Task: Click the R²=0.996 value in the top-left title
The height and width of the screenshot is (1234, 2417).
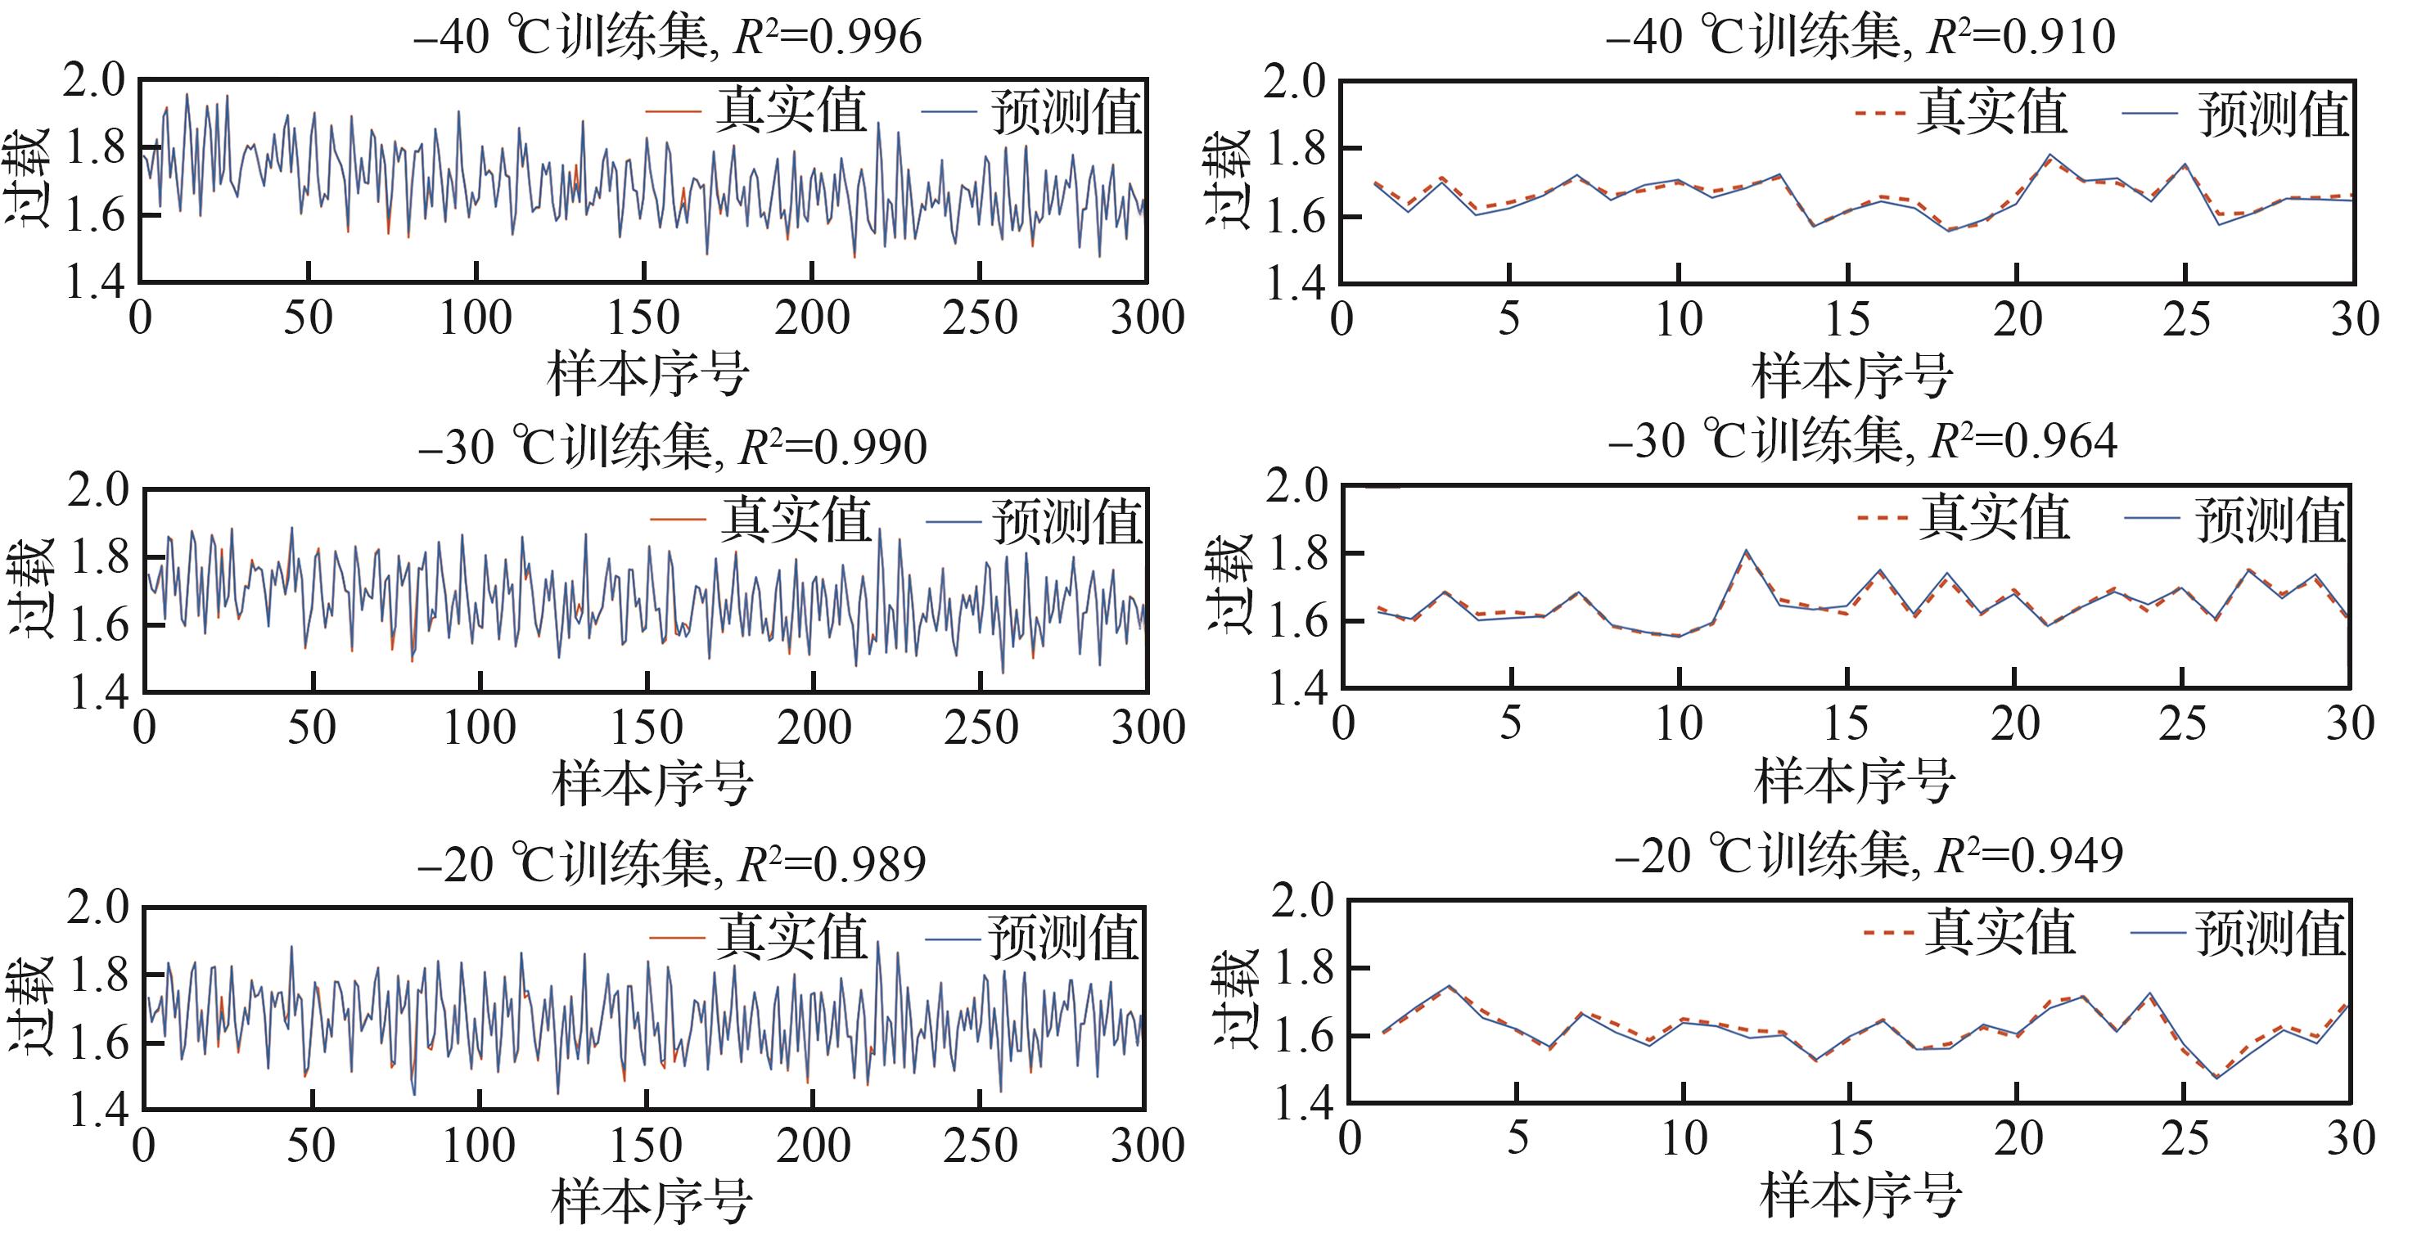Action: tap(827, 38)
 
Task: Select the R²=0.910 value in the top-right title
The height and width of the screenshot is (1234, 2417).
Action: tap(2020, 38)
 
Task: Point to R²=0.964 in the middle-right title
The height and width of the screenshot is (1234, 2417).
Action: tap(2022, 441)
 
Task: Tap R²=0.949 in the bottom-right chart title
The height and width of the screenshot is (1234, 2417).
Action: tap(2027, 856)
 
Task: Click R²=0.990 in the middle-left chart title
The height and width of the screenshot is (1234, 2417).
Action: tap(832, 447)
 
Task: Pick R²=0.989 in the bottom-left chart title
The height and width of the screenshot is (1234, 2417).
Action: tap(832, 863)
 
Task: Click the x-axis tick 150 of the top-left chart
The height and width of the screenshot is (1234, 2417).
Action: tap(643, 318)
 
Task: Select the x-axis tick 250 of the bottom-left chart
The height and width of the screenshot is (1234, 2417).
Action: tap(981, 1146)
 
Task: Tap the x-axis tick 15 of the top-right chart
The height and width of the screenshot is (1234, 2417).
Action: tap(1847, 319)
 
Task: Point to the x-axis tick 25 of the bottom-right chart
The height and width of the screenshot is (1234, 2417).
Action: tap(2185, 1138)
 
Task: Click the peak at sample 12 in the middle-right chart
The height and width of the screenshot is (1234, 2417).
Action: tap(1745, 551)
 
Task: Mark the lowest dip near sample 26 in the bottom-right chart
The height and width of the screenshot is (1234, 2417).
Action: tap(2217, 1077)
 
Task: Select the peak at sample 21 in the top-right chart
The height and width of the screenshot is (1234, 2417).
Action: tap(2050, 155)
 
